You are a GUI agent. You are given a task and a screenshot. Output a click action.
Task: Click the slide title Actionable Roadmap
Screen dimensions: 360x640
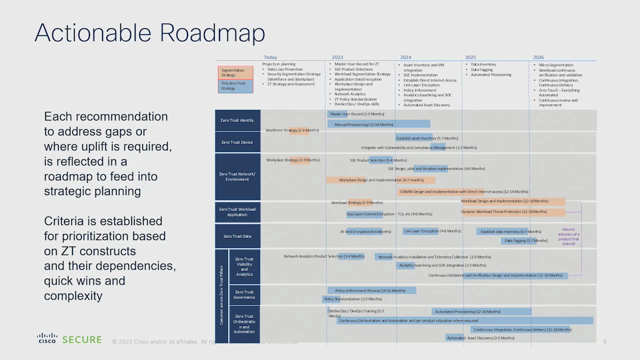tap(149, 33)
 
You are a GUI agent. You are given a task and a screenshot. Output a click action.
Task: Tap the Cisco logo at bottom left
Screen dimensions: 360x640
tap(47, 338)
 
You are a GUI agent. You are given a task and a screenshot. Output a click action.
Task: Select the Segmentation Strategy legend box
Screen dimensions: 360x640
tap(235, 73)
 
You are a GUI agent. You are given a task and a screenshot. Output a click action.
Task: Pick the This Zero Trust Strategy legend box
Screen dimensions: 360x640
tap(235, 86)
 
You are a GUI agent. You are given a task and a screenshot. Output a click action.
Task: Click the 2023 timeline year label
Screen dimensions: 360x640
tap(337, 57)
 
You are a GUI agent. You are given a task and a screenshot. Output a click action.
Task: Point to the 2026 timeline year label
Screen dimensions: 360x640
tap(538, 57)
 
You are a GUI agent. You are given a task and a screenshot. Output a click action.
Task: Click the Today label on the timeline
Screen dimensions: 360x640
tap(270, 57)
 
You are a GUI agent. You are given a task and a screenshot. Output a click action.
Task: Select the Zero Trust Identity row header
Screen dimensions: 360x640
tap(237, 120)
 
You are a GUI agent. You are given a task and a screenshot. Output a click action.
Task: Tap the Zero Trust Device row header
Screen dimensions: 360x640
tap(237, 142)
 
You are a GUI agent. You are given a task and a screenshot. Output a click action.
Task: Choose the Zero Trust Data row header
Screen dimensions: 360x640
tap(237, 236)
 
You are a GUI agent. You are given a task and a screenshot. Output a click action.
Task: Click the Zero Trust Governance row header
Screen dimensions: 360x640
tap(244, 295)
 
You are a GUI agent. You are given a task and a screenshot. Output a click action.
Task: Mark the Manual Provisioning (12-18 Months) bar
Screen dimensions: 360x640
tap(378, 124)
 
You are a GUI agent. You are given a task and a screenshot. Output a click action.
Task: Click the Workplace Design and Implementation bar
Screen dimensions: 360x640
tap(380, 180)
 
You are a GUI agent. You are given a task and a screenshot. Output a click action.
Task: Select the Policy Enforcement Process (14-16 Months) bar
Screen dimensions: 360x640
tap(371, 290)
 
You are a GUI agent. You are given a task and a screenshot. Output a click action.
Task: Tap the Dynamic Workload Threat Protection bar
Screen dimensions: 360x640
tap(513, 212)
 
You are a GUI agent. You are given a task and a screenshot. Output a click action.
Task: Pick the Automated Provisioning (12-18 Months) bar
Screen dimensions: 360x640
tap(480, 311)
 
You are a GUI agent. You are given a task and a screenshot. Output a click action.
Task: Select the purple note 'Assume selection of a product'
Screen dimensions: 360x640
tap(568, 236)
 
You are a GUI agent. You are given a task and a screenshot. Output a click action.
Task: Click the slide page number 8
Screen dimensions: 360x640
tap(604, 342)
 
